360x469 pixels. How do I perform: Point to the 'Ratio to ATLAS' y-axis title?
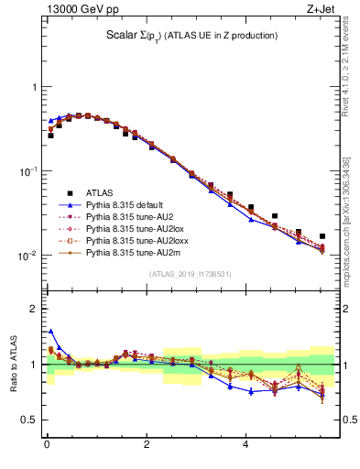tap(13, 365)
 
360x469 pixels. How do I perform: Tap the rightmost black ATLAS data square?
tap(322, 236)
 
